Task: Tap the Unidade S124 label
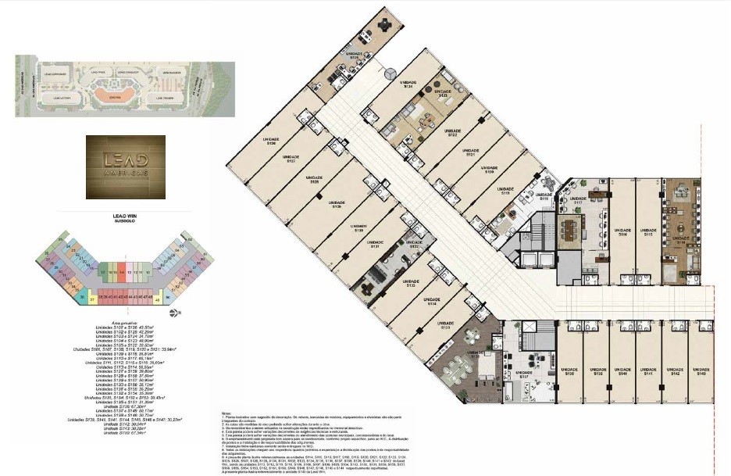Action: [408, 83]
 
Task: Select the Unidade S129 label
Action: [337, 204]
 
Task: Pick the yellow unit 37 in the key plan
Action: [91, 299]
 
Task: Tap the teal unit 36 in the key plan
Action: [82, 297]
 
